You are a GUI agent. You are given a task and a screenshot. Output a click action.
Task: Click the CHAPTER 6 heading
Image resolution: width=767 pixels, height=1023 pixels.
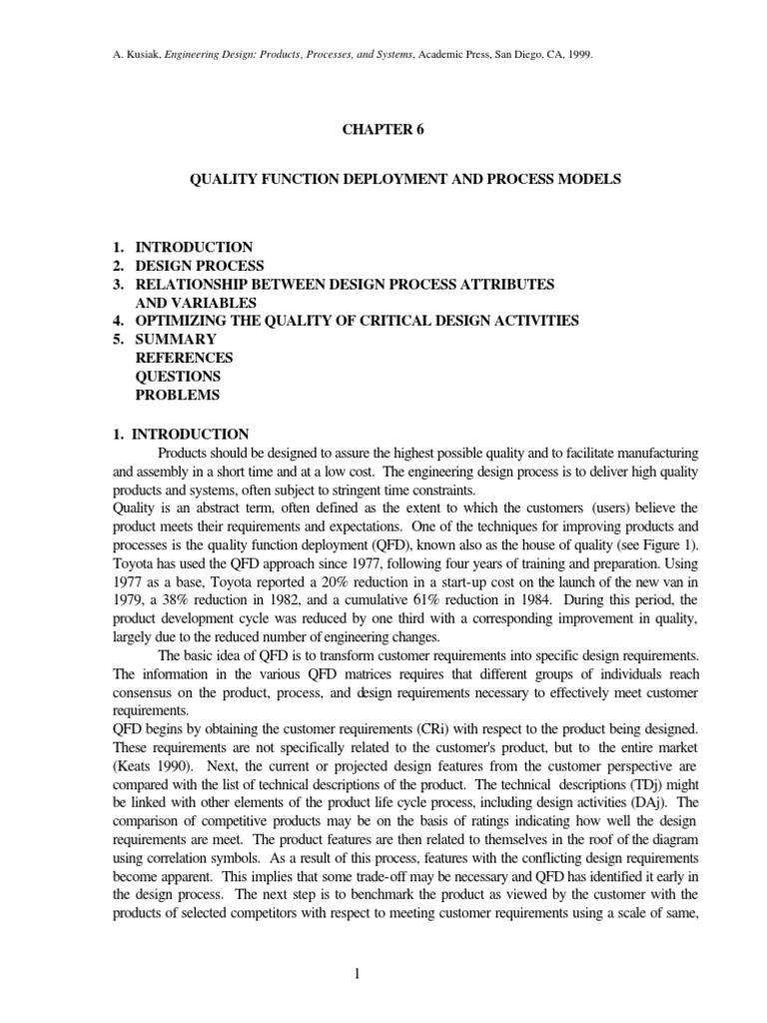point(383,130)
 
